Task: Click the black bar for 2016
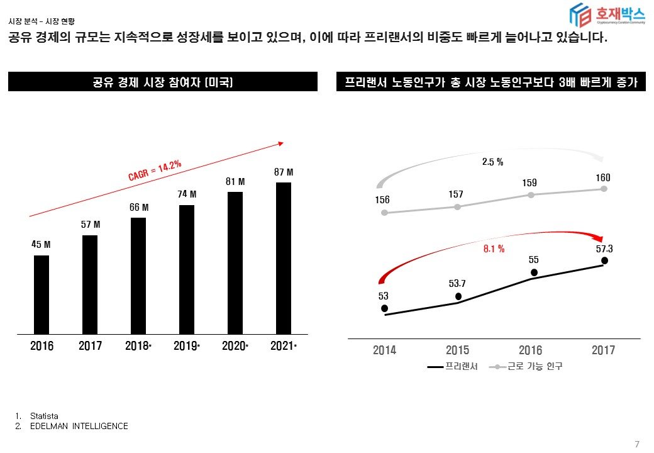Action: click(x=42, y=294)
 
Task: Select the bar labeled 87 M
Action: click(x=284, y=258)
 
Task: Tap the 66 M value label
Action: click(x=139, y=207)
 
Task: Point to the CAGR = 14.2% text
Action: click(x=155, y=171)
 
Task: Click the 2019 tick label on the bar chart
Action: click(x=186, y=346)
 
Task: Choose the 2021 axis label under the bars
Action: click(x=282, y=346)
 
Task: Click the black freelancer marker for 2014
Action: click(x=384, y=308)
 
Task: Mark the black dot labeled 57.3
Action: click(x=604, y=260)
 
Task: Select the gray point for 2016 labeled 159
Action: click(x=531, y=195)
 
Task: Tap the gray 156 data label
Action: click(x=382, y=200)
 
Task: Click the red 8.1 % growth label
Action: click(x=494, y=249)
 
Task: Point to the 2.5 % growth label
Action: click(x=492, y=162)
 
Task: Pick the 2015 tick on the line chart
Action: click(x=457, y=350)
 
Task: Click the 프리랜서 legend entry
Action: click(x=453, y=366)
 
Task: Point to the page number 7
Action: click(x=637, y=445)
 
